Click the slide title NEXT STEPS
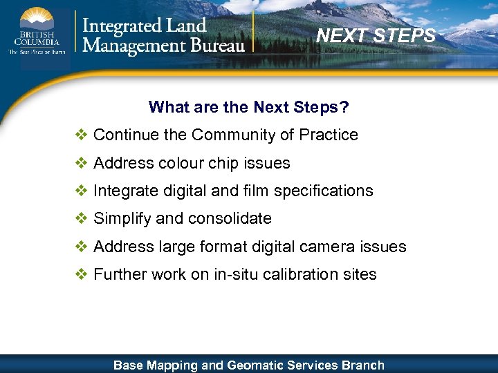(376, 35)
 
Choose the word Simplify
(122, 219)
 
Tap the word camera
(338, 247)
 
